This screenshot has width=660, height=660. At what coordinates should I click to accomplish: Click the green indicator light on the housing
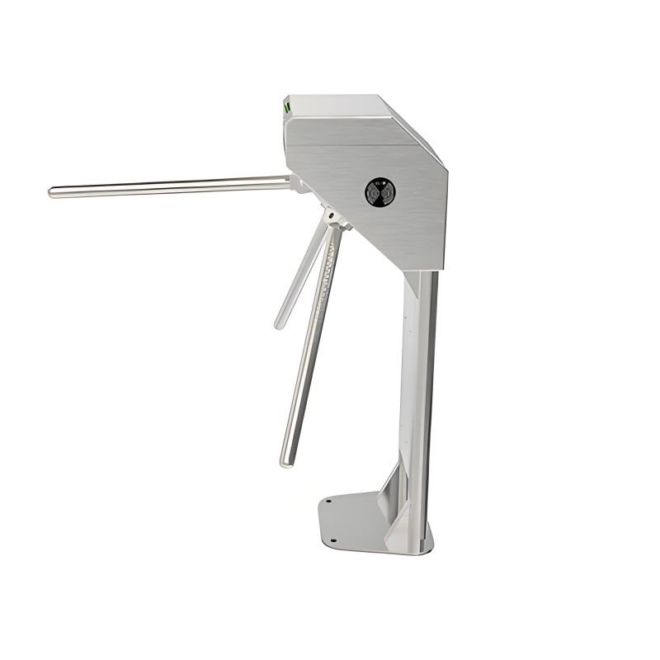[287, 106]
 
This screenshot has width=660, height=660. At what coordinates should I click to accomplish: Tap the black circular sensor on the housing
[379, 192]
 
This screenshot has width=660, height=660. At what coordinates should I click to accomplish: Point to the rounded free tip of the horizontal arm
[52, 193]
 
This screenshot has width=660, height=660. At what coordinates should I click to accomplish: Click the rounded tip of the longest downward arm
[286, 462]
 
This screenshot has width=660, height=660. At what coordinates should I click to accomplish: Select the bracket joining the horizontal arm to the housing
[298, 182]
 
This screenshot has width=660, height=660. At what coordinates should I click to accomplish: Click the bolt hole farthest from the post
[328, 500]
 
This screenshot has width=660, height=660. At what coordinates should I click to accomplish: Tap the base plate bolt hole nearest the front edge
[333, 541]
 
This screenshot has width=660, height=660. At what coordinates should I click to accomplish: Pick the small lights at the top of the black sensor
[379, 184]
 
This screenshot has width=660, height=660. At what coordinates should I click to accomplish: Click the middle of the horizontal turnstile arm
[169, 187]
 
